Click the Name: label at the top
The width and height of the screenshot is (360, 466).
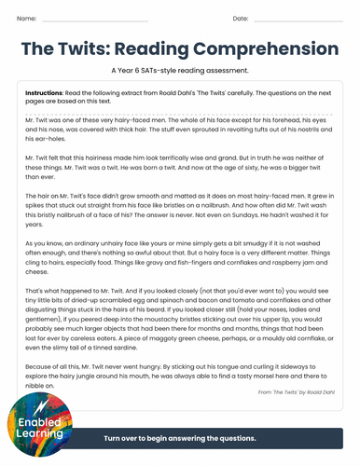click(x=27, y=19)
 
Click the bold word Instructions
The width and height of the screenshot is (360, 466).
click(x=44, y=94)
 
